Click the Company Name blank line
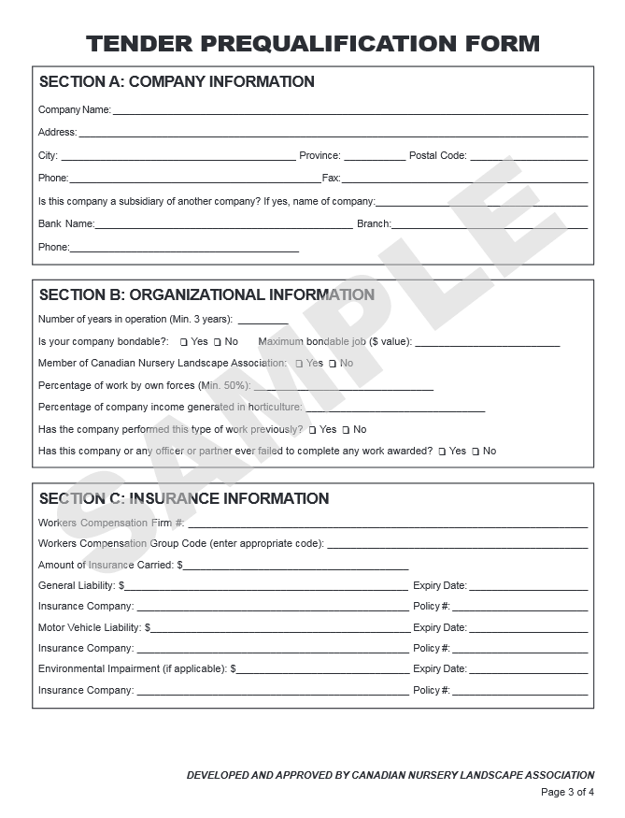click(349, 112)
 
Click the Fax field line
click(464, 180)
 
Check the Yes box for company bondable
click(184, 342)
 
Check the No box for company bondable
click(218, 342)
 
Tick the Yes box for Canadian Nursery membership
click(299, 364)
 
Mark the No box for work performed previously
click(346, 430)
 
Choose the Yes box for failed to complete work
click(442, 452)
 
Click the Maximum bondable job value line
click(487, 345)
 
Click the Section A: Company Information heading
click(177, 82)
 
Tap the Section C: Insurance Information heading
click(184, 499)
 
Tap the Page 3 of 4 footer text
click(567, 793)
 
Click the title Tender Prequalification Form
click(312, 43)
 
